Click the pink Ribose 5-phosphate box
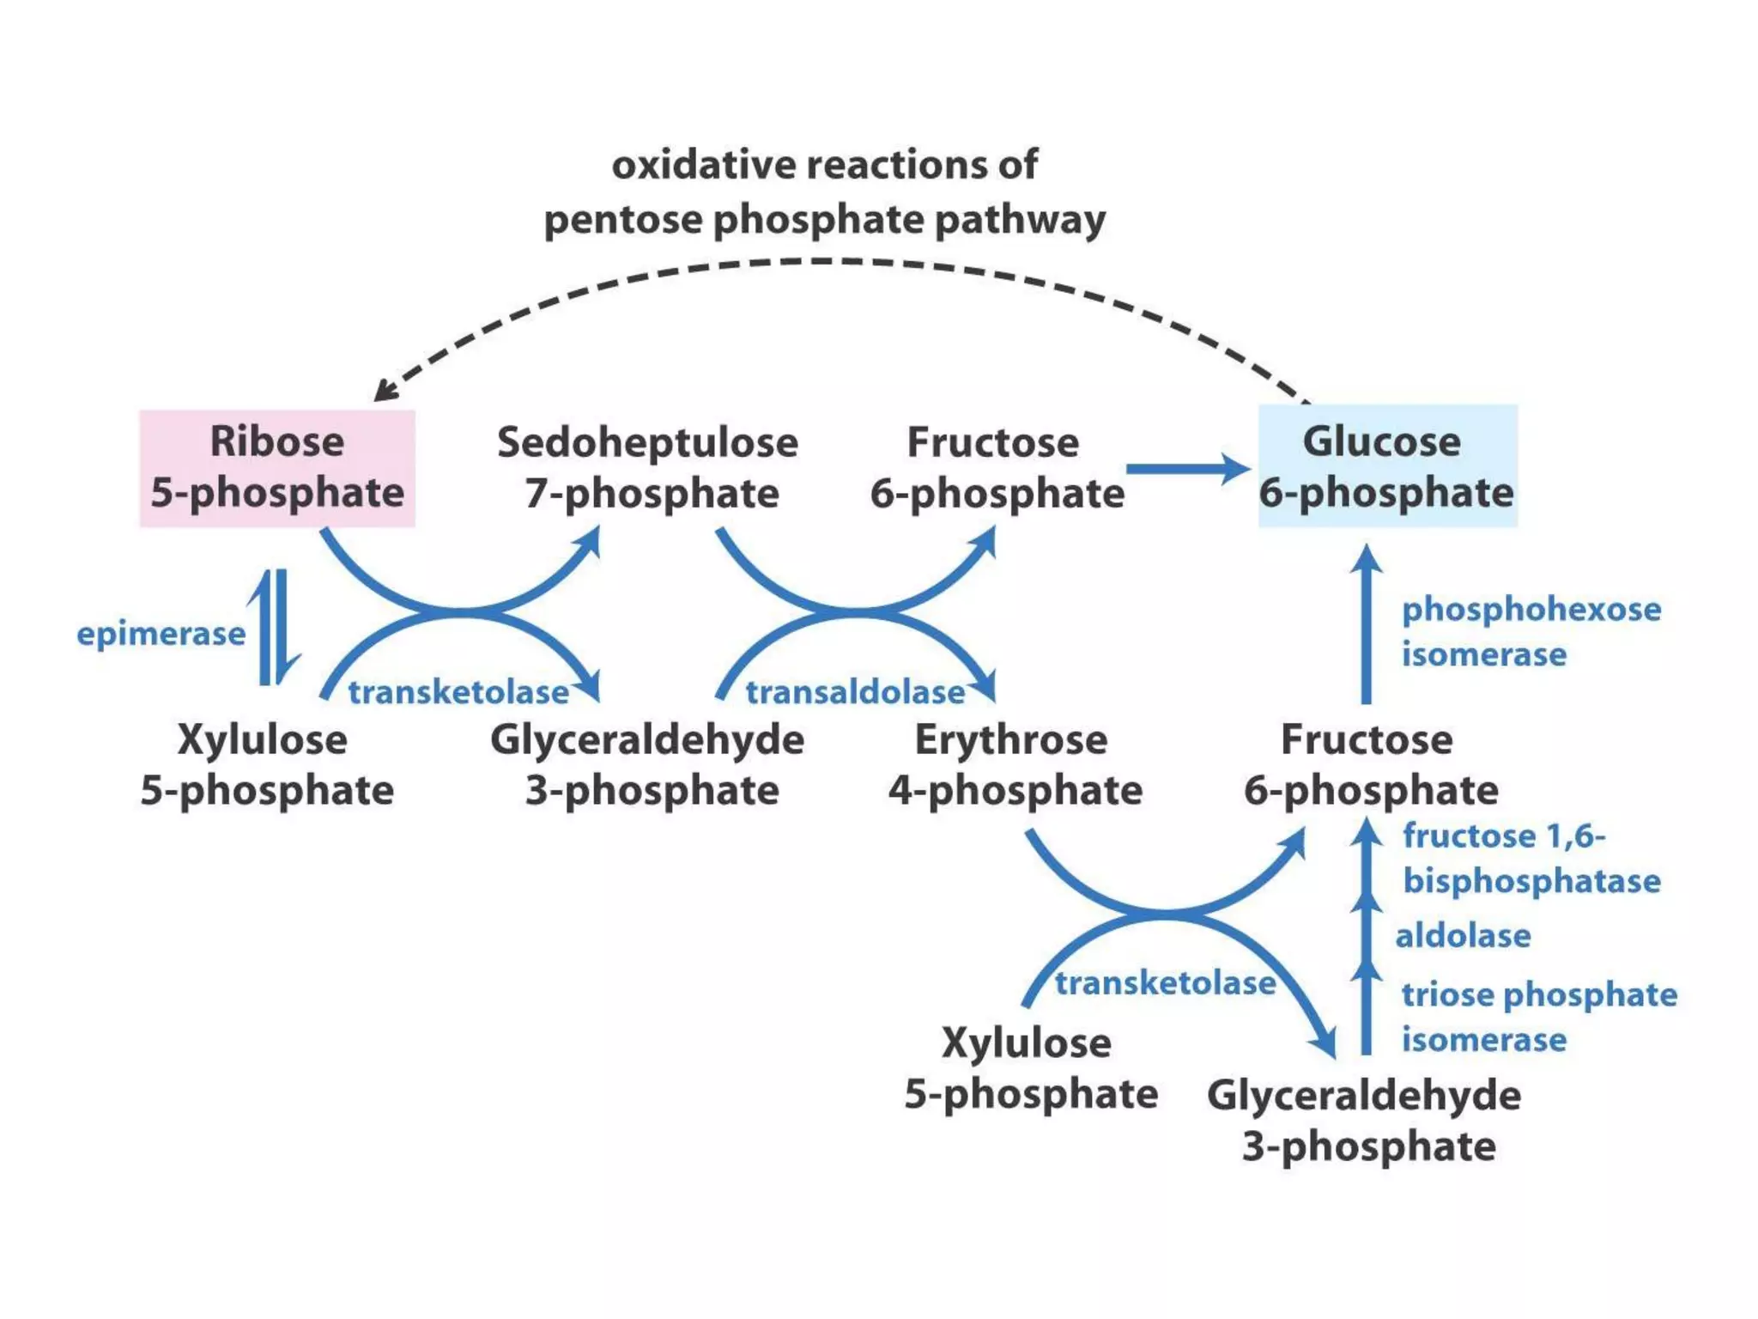point(277,468)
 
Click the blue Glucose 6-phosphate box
point(1387,466)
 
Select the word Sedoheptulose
point(647,443)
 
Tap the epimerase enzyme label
point(161,634)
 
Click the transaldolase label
point(855,692)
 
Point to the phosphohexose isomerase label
point(1531,631)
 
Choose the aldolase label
point(1463,935)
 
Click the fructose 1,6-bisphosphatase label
point(1531,858)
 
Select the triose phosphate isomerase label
point(1538,1017)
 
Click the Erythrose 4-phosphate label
point(1015,764)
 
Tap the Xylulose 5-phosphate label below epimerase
point(266,764)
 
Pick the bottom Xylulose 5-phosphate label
point(1030,1068)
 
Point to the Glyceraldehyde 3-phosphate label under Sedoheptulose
point(648,764)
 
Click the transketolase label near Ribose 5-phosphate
point(458,692)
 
